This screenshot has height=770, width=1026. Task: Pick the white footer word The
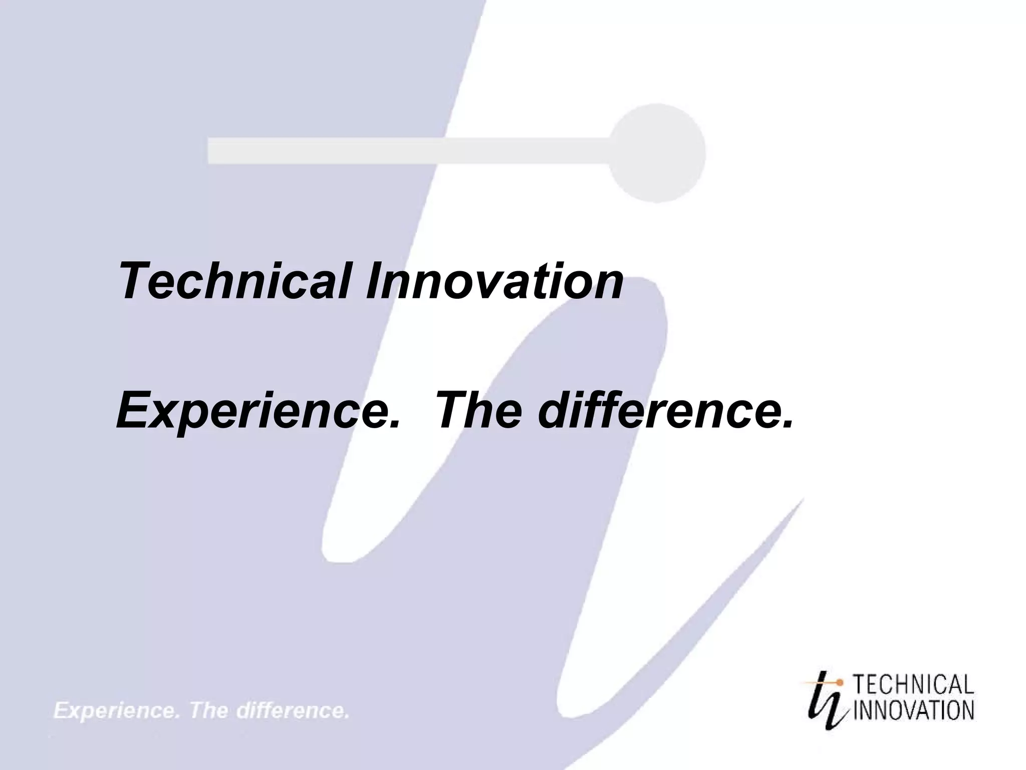(208, 711)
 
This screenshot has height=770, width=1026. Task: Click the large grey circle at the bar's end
(657, 152)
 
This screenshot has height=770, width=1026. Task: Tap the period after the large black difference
(787, 426)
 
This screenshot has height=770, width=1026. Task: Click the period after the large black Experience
(394, 426)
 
